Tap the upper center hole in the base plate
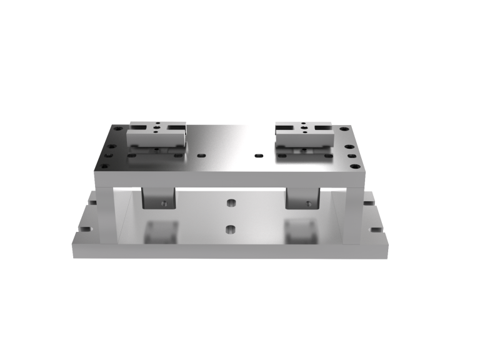[x=230, y=203]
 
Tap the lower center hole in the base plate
[x=230, y=229]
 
